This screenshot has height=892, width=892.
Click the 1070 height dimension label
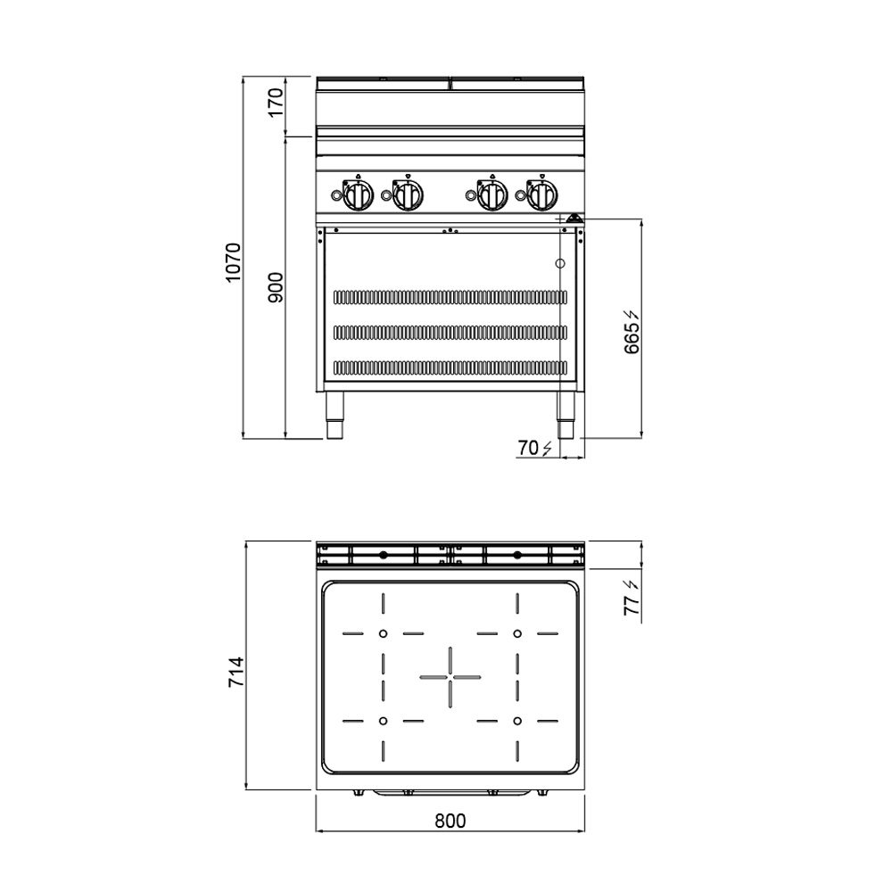coord(233,262)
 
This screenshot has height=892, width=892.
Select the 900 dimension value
coord(276,287)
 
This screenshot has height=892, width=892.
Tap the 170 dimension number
coord(276,103)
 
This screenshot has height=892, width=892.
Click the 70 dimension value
coord(528,449)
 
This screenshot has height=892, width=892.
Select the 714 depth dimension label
coord(236,672)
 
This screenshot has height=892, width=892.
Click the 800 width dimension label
coord(450,821)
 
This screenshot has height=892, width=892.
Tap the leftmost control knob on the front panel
coord(358,195)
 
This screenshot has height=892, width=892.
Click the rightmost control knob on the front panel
coord(541,195)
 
